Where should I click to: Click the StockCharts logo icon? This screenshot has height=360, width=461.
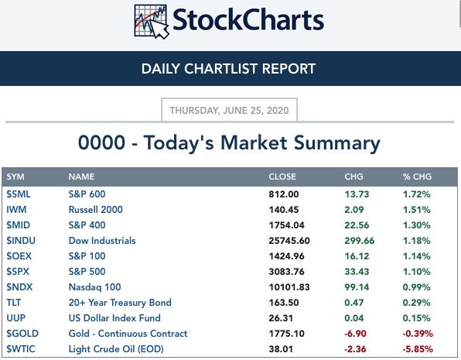(x=152, y=22)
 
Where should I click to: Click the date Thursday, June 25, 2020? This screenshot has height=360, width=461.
(x=229, y=111)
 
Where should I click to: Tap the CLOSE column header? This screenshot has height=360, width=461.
(x=282, y=177)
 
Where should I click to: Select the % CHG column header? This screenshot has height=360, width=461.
(x=417, y=177)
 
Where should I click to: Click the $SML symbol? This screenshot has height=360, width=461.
(x=19, y=194)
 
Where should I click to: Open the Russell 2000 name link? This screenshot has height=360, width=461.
(x=96, y=210)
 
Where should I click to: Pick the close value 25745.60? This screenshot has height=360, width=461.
(x=289, y=241)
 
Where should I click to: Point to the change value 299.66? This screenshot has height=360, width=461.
(x=359, y=241)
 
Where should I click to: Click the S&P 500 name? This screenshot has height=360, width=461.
(x=87, y=272)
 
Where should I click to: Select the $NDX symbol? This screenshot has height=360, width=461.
(x=19, y=287)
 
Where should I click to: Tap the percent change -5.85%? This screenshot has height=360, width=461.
(x=418, y=349)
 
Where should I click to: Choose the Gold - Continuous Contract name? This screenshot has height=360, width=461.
(x=128, y=334)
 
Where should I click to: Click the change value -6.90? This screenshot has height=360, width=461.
(x=355, y=334)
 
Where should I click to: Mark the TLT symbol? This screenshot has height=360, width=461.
(x=13, y=303)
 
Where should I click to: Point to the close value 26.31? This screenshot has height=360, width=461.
(x=281, y=318)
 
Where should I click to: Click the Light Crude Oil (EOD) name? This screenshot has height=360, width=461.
(x=116, y=349)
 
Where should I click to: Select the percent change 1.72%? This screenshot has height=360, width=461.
(x=417, y=194)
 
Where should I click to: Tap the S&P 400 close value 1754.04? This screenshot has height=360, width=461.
(x=287, y=225)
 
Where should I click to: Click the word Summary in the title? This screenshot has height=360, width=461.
(x=337, y=143)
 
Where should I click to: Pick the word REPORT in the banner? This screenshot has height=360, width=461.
(x=289, y=69)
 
